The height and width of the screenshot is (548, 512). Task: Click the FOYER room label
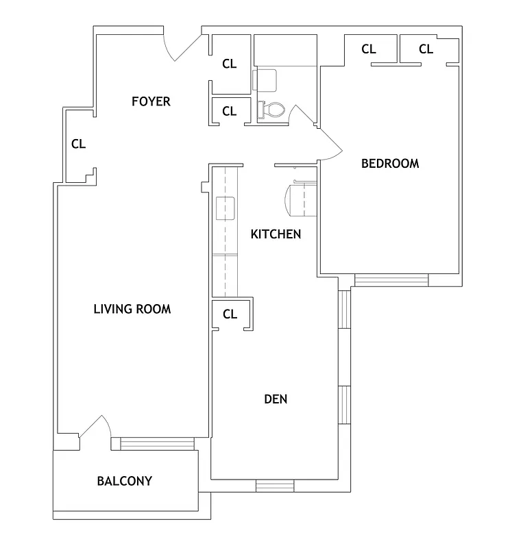(151, 101)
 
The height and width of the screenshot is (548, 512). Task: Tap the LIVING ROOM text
(132, 309)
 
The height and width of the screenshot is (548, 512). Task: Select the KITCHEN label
(276, 234)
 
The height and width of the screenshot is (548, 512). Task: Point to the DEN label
(276, 399)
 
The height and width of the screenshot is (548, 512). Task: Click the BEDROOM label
(390, 163)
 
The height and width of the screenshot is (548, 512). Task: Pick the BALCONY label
(124, 481)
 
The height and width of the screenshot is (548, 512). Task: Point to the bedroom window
(391, 279)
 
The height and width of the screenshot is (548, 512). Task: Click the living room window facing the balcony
(156, 443)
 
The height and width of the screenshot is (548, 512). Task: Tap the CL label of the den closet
(230, 314)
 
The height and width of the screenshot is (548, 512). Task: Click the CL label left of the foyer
(79, 144)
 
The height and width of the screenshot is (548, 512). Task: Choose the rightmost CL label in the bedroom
(426, 49)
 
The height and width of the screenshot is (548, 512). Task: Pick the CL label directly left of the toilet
(229, 111)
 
